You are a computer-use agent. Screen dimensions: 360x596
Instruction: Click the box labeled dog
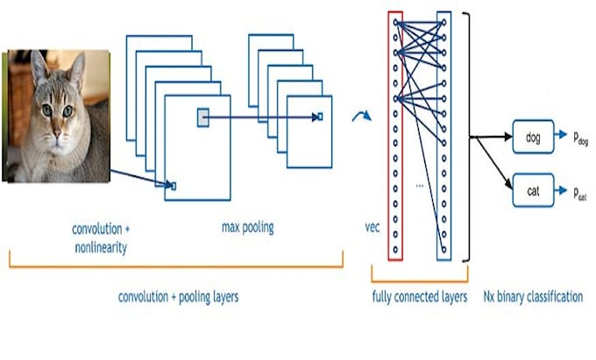[x=534, y=137]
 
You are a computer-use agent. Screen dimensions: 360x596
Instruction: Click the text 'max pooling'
[x=248, y=228]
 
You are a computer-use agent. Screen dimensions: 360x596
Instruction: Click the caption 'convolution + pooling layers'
[x=178, y=297]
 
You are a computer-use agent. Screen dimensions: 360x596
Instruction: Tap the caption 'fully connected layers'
[x=419, y=297]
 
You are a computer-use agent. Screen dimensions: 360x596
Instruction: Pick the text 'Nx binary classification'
[x=533, y=297]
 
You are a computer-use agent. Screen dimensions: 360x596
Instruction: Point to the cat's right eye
[x=68, y=111]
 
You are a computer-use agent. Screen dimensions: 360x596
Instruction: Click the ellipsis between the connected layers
[x=420, y=187]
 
